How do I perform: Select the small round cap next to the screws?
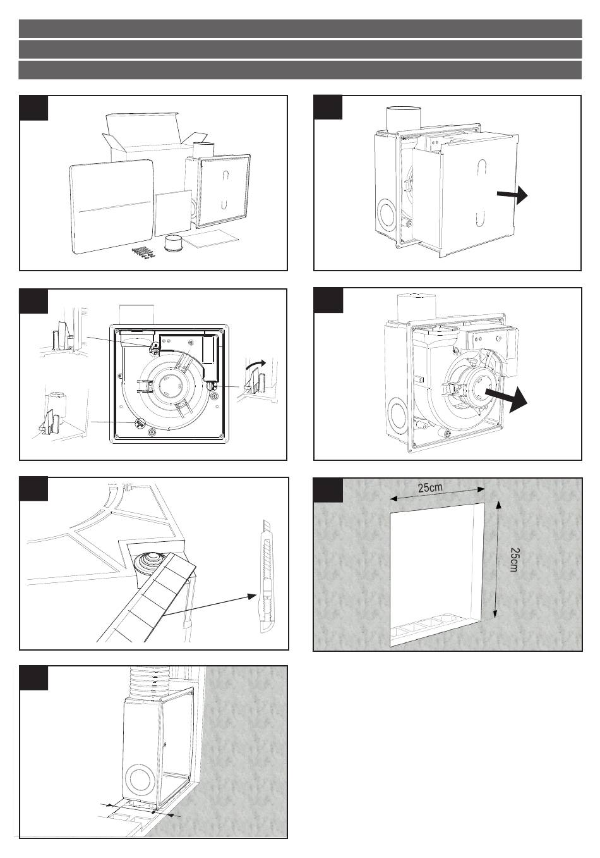coord(172,243)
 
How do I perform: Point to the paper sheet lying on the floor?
coord(215,238)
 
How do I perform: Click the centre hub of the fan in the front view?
coord(169,382)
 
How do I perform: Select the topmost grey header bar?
coord(300,28)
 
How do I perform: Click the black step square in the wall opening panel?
coord(328,491)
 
